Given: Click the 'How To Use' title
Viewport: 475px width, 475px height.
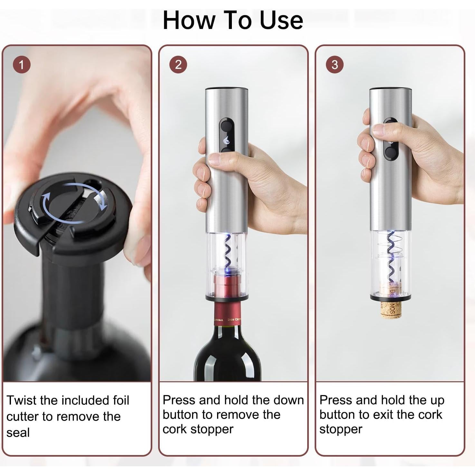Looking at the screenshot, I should [233, 20].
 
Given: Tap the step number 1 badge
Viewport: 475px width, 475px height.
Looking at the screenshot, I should [22, 65].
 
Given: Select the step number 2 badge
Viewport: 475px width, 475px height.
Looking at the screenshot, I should [178, 65].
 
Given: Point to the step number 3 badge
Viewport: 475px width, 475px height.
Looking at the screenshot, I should [335, 65].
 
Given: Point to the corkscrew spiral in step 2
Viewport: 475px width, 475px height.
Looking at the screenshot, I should [227, 251].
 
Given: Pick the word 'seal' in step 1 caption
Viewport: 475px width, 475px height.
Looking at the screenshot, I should [18, 432].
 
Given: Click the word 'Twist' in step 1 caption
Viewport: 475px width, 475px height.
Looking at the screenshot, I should [22, 400].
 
